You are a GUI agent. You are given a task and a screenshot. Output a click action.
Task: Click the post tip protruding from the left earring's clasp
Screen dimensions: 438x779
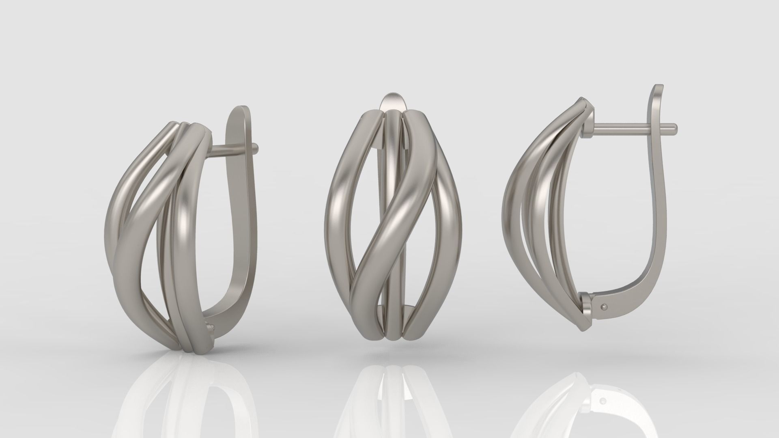tap(255, 146)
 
